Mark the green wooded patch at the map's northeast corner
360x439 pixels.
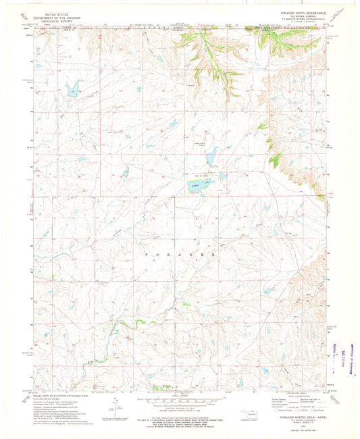[x=287, y=44]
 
